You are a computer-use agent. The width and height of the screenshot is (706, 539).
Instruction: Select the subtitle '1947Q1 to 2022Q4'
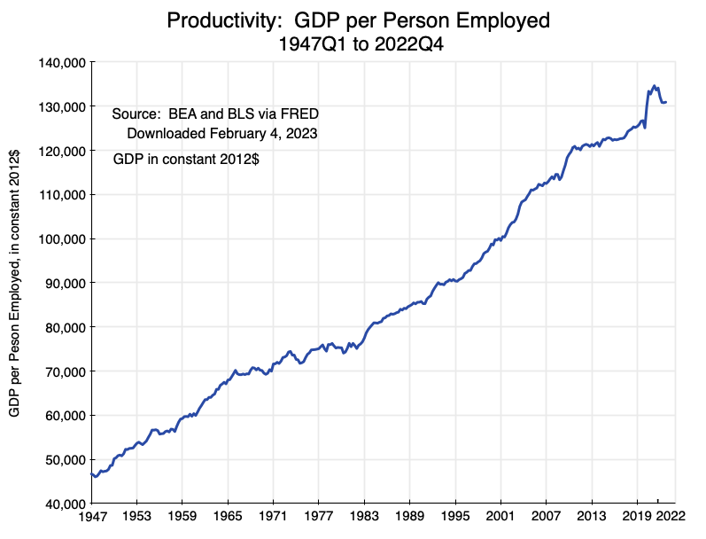pyautogui.click(x=352, y=44)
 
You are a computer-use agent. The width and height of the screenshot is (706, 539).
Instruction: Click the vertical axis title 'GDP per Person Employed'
pyautogui.click(x=15, y=284)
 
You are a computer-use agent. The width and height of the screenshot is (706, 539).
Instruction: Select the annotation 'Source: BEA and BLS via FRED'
pyautogui.click(x=215, y=113)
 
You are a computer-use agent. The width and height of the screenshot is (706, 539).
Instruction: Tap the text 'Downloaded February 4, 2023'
pyautogui.click(x=221, y=134)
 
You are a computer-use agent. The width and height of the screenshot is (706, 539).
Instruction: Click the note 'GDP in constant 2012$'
pyautogui.click(x=187, y=160)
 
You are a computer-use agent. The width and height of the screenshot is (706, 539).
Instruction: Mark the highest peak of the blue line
pyautogui.click(x=655, y=86)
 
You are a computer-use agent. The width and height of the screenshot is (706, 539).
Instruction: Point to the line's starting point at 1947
pyautogui.click(x=91, y=473)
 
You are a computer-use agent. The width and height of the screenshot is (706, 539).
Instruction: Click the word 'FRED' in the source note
pyautogui.click(x=299, y=113)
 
